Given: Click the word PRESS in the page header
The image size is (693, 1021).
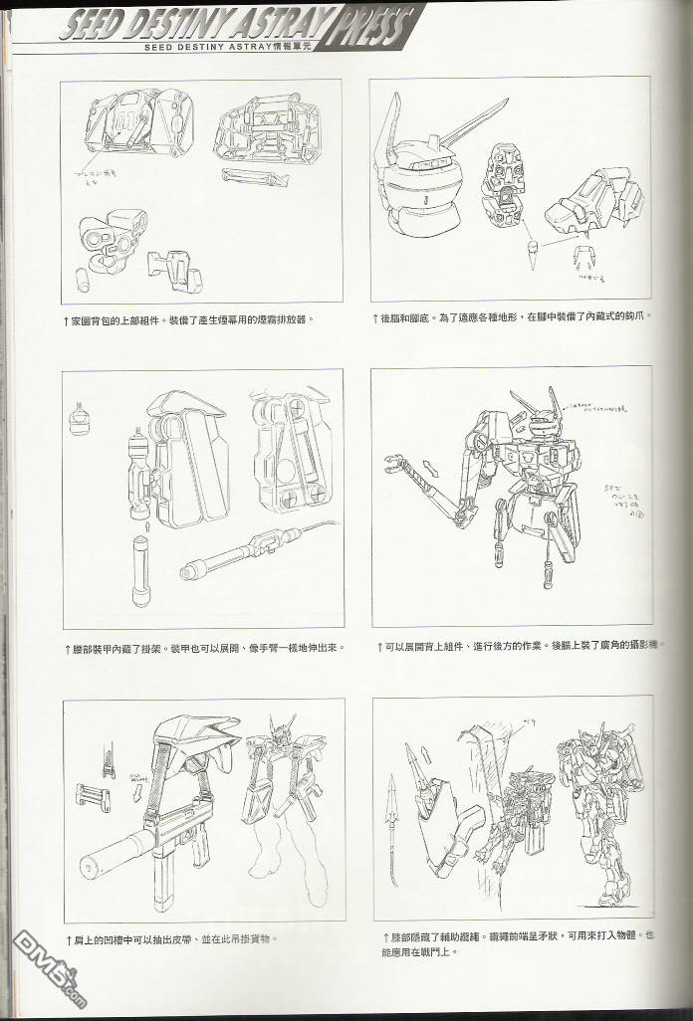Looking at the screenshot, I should pos(372,23).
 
